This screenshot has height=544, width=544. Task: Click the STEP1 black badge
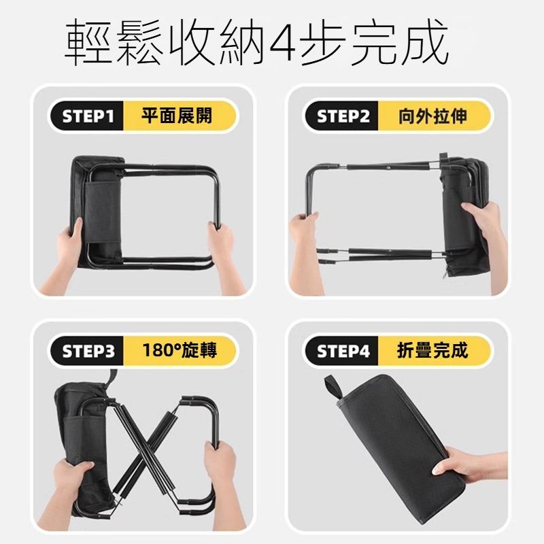(86, 116)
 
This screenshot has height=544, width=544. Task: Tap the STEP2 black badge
(343, 116)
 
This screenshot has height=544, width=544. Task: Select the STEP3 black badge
(86, 352)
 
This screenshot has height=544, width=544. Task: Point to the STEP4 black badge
(343, 352)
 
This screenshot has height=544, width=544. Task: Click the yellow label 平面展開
(177, 116)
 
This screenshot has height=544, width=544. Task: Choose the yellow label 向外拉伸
(432, 116)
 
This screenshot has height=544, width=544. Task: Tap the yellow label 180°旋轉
(177, 352)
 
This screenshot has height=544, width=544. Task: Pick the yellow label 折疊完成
(432, 352)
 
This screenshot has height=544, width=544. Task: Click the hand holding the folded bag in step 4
(476, 469)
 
